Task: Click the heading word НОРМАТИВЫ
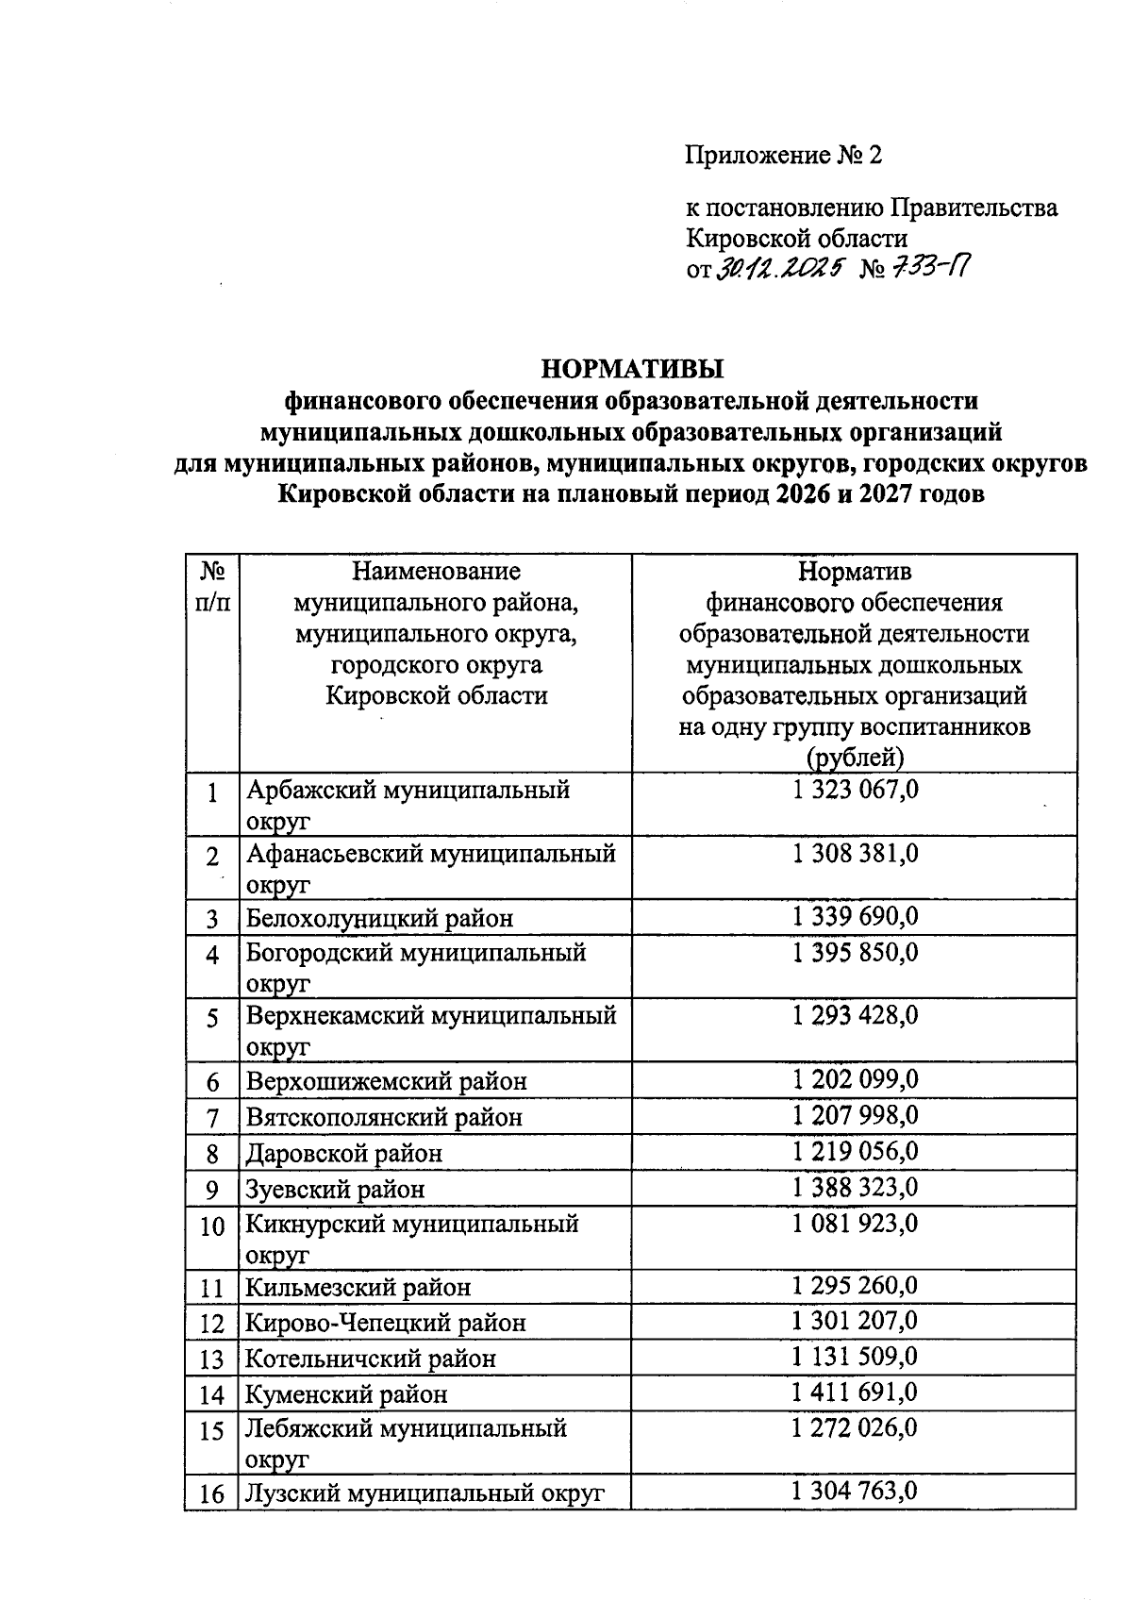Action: tap(630, 368)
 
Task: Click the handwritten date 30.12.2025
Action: tap(778, 271)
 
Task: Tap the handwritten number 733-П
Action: tap(928, 271)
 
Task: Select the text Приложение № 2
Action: tap(783, 155)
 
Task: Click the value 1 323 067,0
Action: tap(855, 790)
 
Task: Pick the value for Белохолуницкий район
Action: tap(855, 916)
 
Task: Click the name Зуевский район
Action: tap(335, 1189)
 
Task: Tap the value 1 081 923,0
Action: tap(855, 1224)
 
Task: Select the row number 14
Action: tap(212, 1394)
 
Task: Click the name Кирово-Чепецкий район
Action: tap(385, 1323)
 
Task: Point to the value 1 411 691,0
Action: tap(855, 1393)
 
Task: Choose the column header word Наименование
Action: tap(436, 571)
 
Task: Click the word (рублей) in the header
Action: tap(855, 758)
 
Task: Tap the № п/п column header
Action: tap(212, 586)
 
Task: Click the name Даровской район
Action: tap(343, 1153)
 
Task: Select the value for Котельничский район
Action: tap(855, 1357)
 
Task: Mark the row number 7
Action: tap(212, 1118)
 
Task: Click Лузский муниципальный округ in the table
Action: tap(424, 1493)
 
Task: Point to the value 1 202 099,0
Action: tap(855, 1079)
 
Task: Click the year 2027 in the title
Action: tap(883, 494)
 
